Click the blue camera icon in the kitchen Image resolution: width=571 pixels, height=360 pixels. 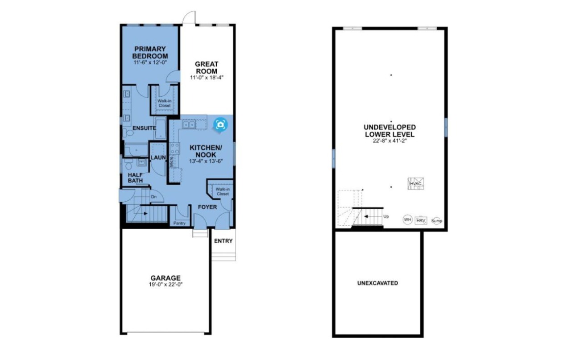(x=220, y=125)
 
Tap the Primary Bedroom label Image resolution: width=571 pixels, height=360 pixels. (x=150, y=52)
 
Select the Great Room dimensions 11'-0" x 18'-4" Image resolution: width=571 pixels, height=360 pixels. (x=207, y=78)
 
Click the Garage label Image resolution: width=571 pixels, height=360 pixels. (x=166, y=278)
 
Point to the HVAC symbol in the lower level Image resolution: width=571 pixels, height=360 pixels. (x=416, y=184)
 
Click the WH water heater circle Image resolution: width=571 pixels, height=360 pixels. (x=407, y=219)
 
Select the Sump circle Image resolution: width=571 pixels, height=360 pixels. (x=437, y=221)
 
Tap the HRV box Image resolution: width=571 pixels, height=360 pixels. (x=421, y=220)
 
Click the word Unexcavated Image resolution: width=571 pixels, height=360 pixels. (x=377, y=283)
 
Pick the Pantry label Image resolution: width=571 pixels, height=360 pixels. (x=179, y=223)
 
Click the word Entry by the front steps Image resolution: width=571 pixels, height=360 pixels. (x=223, y=241)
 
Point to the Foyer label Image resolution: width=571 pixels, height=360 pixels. (x=207, y=207)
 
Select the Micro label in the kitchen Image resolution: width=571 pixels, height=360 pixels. (x=171, y=161)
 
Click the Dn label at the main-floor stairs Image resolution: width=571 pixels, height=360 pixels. (x=154, y=197)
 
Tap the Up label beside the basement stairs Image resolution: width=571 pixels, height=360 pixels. (x=386, y=216)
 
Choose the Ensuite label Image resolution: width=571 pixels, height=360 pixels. (x=144, y=128)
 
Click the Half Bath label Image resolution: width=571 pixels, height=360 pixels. (x=135, y=178)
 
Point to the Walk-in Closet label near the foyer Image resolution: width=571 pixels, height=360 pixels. (x=223, y=191)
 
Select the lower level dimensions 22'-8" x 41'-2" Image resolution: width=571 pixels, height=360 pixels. (x=390, y=141)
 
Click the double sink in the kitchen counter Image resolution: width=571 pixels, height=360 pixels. (x=189, y=124)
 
